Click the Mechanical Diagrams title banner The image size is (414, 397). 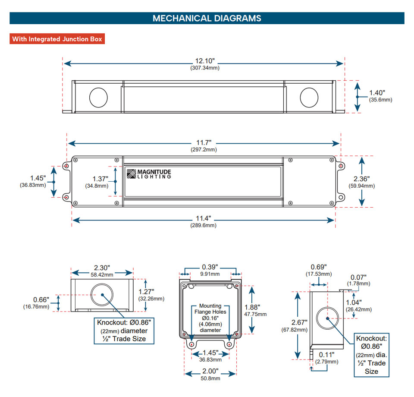point(207,18)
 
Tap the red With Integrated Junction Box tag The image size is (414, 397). point(57,39)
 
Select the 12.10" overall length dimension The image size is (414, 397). point(204,61)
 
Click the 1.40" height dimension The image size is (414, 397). point(377,92)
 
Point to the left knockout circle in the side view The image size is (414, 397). point(98,98)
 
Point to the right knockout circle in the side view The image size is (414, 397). point(309,98)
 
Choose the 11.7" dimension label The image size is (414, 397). point(204,143)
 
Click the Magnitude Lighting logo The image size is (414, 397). point(149,174)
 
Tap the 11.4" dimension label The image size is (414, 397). point(204,219)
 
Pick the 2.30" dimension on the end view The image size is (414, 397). point(103,268)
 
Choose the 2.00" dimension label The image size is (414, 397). point(210,371)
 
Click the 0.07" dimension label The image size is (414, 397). point(358,277)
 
